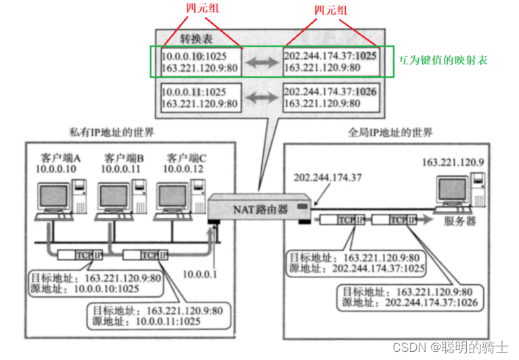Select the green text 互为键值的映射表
(x=443, y=60)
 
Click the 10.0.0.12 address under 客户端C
(x=183, y=168)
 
